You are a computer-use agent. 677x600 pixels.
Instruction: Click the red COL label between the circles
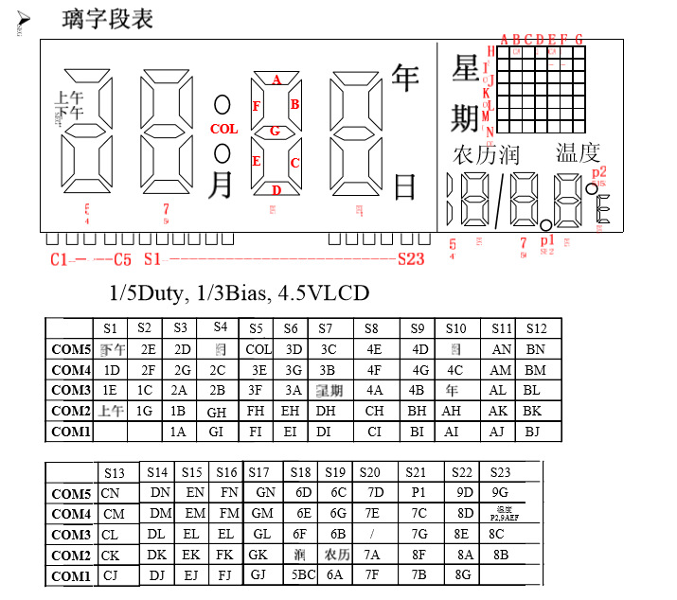pos(224,129)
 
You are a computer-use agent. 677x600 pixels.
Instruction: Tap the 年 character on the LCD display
pos(405,77)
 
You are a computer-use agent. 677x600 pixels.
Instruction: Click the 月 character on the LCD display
pos(220,184)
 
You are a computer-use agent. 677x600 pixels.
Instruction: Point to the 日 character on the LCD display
pos(404,186)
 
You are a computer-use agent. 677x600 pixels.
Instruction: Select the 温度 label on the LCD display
pos(578,153)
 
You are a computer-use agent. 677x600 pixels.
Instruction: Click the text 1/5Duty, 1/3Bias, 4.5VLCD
pos(239,293)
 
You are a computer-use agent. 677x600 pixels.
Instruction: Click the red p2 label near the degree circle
pos(598,171)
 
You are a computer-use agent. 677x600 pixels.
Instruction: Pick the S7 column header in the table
pos(325,328)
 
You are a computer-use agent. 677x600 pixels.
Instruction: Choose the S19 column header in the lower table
pos(335,471)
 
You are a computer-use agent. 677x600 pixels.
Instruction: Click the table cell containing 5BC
pos(302,575)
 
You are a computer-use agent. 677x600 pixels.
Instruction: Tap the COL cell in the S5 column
pos(258,349)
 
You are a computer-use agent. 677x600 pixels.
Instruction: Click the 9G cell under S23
pos(500,492)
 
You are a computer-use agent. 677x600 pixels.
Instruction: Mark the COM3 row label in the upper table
pos(71,390)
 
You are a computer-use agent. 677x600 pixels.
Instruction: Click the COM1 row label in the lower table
pos(71,576)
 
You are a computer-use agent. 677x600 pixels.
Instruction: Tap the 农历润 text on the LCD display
pos(487,154)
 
